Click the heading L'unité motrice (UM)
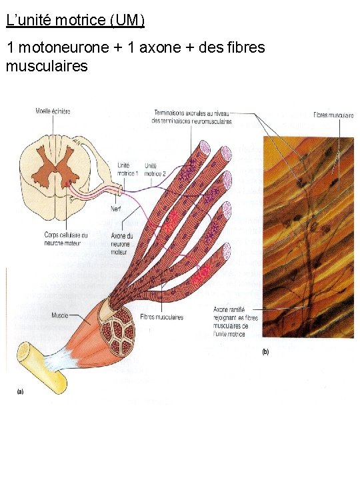click(75, 20)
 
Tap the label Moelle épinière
click(53, 111)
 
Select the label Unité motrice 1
click(127, 169)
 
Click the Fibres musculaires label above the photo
click(333, 115)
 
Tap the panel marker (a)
click(20, 392)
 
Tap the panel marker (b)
click(265, 352)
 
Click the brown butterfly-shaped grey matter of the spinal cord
click(56, 163)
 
